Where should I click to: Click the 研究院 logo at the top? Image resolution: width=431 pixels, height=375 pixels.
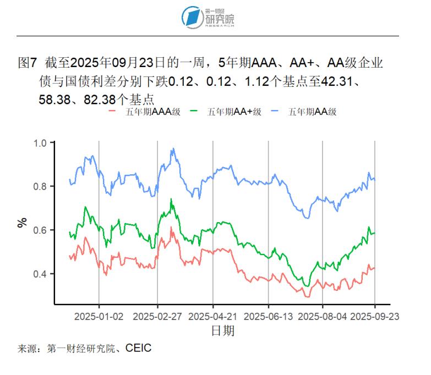coord(209,17)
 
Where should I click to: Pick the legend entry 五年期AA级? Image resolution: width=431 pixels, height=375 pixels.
coord(312,112)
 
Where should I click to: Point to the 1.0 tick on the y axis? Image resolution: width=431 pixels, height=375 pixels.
coord(41,143)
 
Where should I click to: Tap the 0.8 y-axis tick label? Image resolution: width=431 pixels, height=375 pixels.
coord(41,186)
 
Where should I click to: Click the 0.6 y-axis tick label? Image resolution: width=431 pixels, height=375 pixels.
coord(41,230)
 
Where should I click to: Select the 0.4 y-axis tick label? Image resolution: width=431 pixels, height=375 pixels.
coord(41,274)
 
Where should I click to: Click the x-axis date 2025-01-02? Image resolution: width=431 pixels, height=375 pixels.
coord(99,316)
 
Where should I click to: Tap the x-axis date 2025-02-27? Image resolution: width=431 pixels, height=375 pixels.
coord(157,316)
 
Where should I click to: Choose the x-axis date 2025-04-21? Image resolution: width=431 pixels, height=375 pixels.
coord(213,316)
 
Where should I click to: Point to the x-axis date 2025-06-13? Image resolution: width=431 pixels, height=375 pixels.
coord(268,316)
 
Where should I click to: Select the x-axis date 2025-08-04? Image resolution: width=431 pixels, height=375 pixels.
coord(323,316)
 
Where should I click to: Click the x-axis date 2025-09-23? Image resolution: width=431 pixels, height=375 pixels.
coord(375,316)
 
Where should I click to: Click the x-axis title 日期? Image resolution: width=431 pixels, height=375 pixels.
coord(222,330)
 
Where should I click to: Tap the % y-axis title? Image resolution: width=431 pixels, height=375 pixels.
coord(22,223)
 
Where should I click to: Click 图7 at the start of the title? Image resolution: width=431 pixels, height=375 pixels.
coord(28,63)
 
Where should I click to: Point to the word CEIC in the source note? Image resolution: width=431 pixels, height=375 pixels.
coord(138,348)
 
